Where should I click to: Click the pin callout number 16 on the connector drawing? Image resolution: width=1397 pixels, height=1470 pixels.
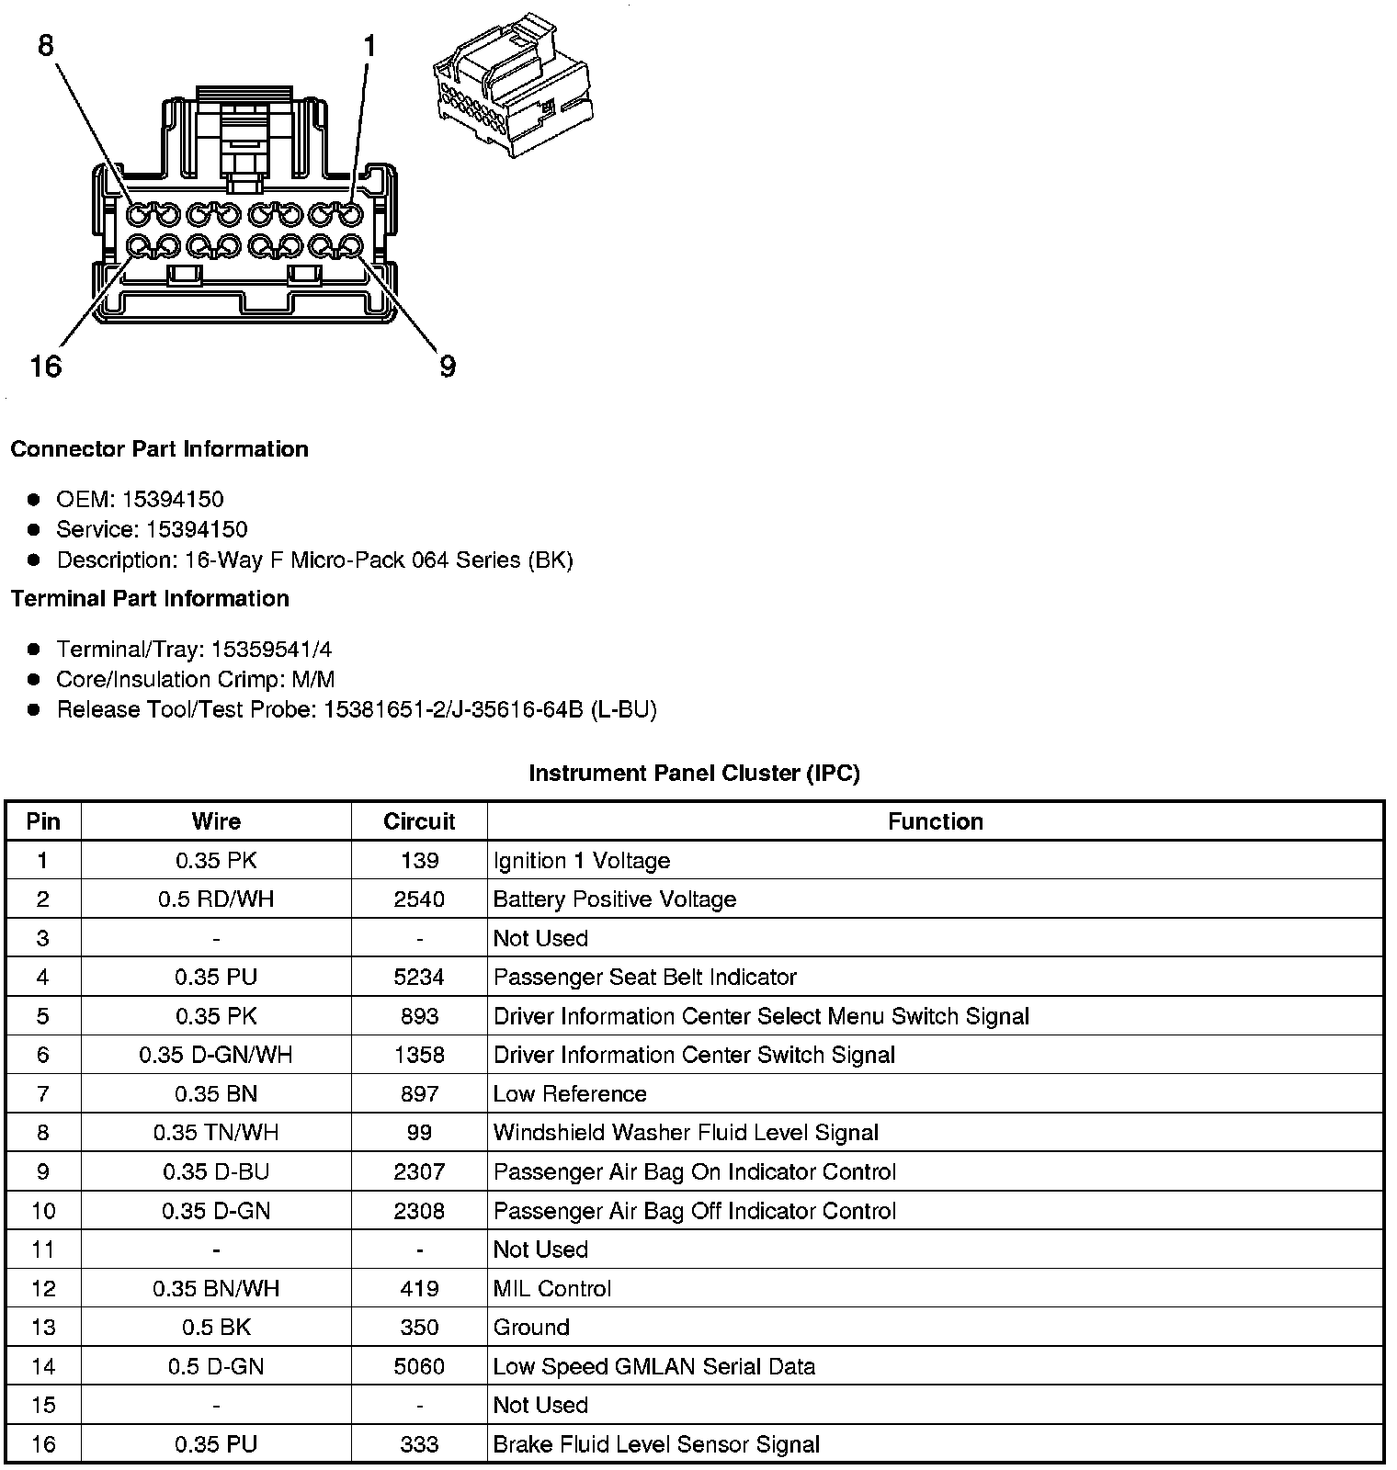45,367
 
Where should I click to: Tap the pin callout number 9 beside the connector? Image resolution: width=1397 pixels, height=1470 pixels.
448,367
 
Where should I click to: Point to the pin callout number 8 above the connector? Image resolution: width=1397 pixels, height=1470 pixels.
46,45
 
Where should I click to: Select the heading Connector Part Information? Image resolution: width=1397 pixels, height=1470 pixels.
159,449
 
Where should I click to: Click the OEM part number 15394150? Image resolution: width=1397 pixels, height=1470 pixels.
173,499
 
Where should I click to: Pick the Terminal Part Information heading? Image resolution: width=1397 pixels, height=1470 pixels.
150,598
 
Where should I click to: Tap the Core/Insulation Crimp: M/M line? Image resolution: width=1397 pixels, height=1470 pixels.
195,679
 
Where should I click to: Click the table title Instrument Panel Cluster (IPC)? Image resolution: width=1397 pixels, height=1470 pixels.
694,774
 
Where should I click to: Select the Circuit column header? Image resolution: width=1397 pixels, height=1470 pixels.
419,821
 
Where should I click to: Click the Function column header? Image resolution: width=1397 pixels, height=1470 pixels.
935,821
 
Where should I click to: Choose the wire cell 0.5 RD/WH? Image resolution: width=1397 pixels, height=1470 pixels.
216,899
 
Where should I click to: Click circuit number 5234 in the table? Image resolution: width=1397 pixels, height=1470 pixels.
419,977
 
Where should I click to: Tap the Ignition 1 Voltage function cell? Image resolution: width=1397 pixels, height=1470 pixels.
582,861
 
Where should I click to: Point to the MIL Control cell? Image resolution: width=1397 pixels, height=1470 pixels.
551,1288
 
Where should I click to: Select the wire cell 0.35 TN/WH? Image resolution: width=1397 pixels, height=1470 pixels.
216,1133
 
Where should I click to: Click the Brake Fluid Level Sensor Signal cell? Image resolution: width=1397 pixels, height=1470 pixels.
656,1444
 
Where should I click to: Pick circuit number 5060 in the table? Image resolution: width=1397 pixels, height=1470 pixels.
419,1366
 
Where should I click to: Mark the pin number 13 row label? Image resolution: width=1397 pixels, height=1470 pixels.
43,1328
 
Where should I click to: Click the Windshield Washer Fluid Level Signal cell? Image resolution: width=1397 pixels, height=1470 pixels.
686,1133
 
